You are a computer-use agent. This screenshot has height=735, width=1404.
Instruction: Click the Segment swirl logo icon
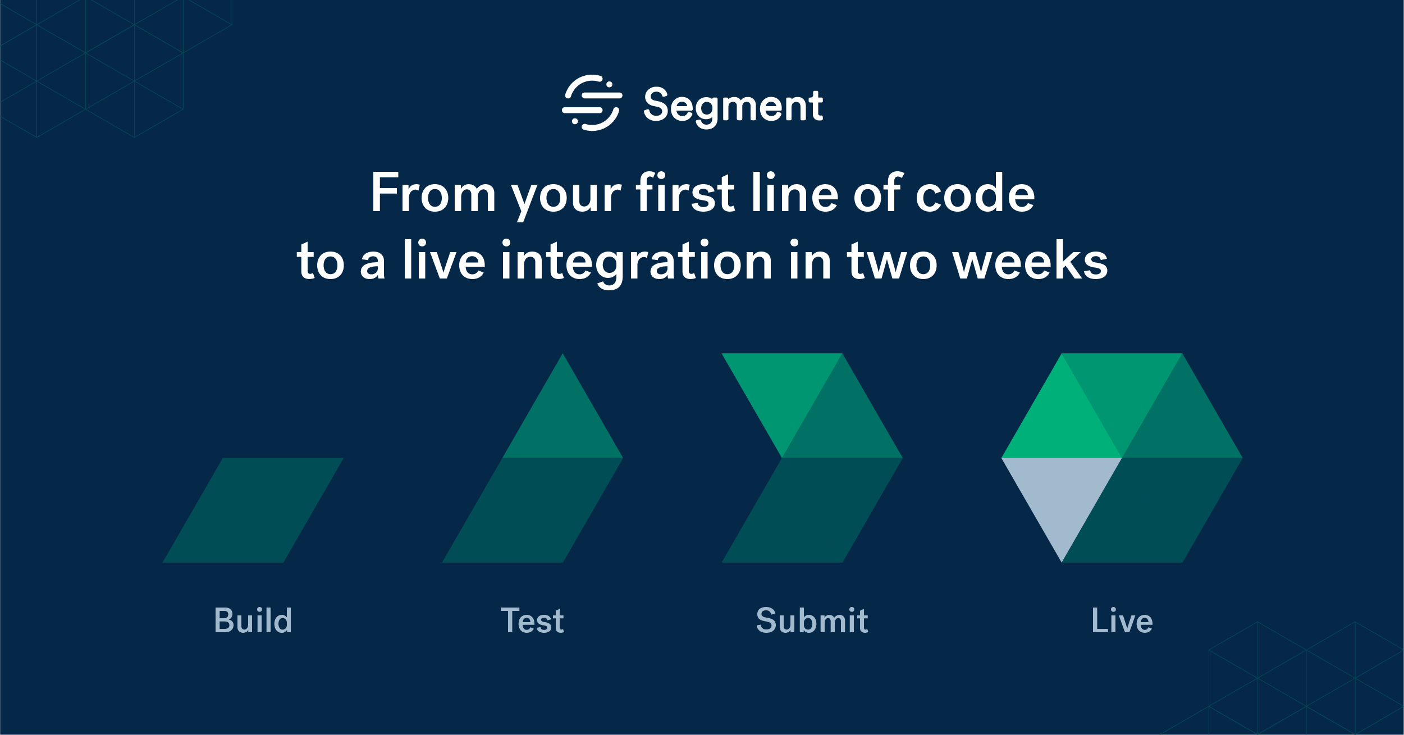[592, 103]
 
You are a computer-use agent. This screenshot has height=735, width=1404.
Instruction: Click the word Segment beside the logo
[733, 106]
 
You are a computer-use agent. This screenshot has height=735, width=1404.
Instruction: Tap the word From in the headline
[433, 194]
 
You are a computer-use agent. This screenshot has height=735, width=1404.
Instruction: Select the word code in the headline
[975, 194]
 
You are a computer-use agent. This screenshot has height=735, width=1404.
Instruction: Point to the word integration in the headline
[636, 262]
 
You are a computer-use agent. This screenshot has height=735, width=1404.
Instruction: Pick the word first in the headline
[685, 194]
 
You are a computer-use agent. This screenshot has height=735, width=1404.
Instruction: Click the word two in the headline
[892, 262]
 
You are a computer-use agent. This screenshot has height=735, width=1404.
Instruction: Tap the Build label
[253, 621]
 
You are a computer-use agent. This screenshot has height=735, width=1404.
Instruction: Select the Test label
[532, 621]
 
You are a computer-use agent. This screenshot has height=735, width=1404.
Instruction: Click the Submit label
[812, 621]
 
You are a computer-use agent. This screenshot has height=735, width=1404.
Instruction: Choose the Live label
[1122, 621]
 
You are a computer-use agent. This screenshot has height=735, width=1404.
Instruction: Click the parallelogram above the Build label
[253, 510]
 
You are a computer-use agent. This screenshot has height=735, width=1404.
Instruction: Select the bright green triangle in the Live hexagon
[1062, 424]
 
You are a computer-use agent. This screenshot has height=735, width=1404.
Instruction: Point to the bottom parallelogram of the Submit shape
[812, 510]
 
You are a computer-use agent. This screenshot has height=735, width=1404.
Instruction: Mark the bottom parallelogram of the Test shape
[532, 510]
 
